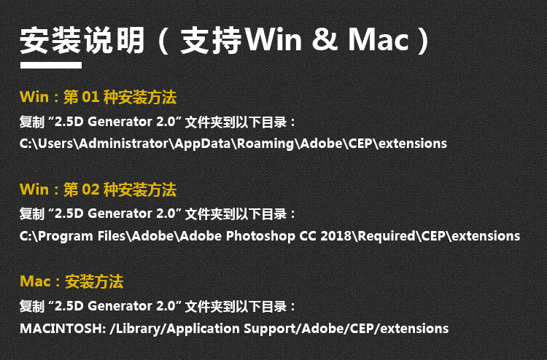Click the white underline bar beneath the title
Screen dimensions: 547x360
point(51,65)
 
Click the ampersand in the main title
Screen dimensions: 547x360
point(325,39)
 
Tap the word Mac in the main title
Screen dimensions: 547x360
point(379,39)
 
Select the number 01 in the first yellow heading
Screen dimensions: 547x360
point(90,97)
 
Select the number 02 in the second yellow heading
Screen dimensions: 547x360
point(90,189)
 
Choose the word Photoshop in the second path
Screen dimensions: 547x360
point(260,236)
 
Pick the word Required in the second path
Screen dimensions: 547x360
point(387,236)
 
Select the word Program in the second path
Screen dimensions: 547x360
point(64,237)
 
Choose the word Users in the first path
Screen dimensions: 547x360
point(56,144)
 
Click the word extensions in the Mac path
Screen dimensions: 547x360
point(414,328)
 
